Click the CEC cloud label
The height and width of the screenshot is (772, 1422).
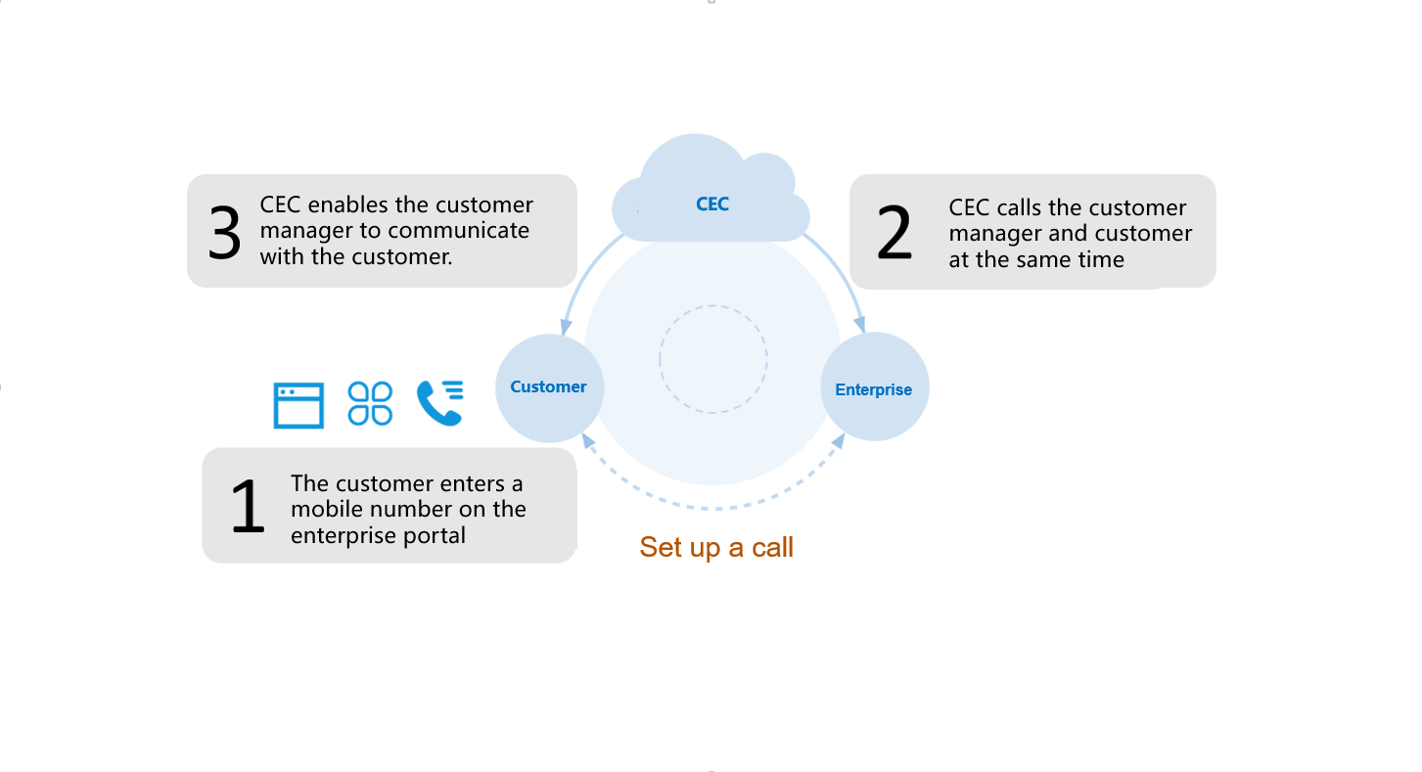712,204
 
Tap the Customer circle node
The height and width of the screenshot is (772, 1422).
549,387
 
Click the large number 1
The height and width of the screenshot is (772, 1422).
248,506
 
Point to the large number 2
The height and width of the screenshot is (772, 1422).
894,233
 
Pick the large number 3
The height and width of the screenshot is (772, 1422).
226,233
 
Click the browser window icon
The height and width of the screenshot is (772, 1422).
298,405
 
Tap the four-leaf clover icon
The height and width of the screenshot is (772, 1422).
370,403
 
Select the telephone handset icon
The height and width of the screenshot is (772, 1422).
439,403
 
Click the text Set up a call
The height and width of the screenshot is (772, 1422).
716,547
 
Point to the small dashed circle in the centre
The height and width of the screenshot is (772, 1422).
712,359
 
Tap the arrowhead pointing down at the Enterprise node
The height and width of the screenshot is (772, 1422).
860,326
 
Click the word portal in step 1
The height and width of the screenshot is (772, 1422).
435,535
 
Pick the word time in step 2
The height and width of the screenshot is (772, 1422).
1103,259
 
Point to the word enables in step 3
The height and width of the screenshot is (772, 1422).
348,205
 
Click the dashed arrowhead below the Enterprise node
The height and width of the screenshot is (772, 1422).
839,441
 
